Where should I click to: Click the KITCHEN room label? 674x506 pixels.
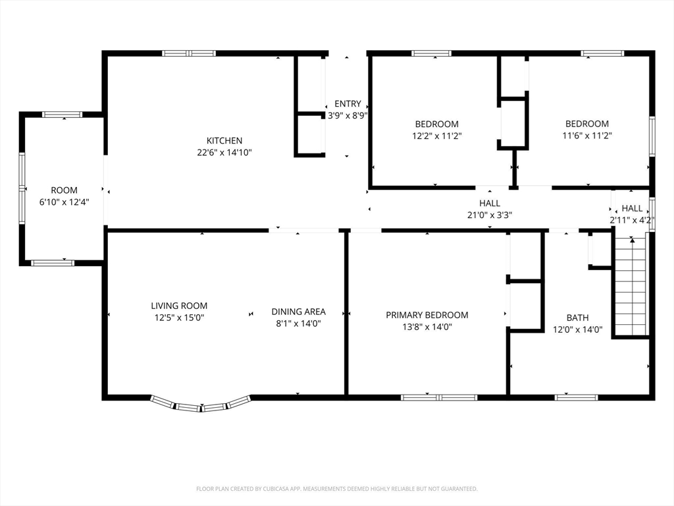point(224,141)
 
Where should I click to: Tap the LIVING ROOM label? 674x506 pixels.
point(179,306)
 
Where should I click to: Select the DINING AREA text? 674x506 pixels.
point(298,312)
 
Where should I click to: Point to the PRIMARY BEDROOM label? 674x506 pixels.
point(427,315)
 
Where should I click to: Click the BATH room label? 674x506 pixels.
point(578,318)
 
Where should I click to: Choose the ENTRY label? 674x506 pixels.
point(348,103)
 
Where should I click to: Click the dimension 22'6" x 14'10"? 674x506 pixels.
point(224,152)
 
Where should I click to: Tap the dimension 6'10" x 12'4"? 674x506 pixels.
point(65,202)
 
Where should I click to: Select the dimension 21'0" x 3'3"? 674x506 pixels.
point(490,215)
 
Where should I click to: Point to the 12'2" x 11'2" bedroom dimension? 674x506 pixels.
point(437,136)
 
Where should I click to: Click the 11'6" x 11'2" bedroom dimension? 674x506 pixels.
point(586,136)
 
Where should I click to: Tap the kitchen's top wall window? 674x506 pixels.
point(189,53)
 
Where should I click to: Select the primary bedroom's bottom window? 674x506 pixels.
point(439,397)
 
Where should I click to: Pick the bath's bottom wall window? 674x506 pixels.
point(576,397)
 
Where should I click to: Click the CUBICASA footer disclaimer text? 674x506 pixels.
point(337,489)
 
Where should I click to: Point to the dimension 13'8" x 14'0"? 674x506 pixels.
point(427,327)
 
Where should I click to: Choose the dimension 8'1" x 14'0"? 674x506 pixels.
point(298,323)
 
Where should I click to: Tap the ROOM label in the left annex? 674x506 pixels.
point(65,190)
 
